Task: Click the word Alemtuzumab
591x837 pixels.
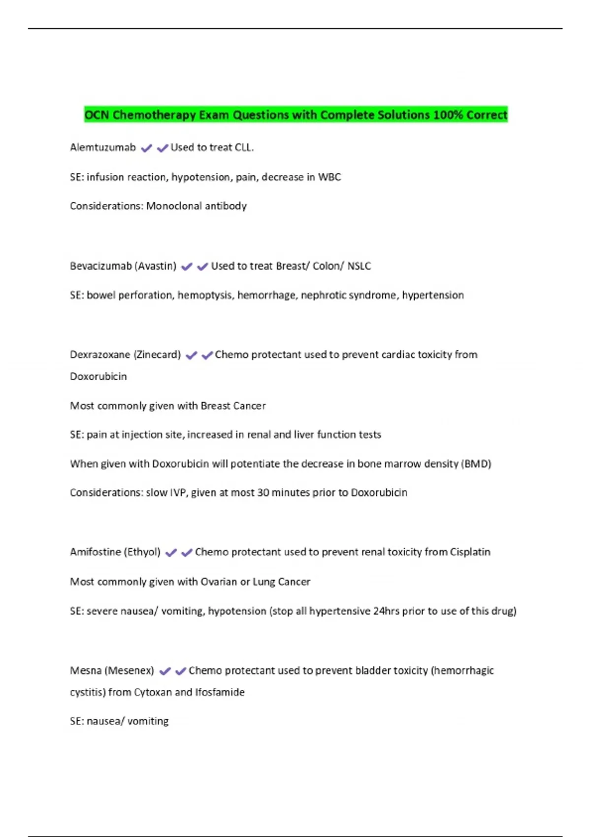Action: (102, 147)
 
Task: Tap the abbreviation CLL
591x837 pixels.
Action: (244, 147)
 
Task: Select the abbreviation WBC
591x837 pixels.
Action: (329, 177)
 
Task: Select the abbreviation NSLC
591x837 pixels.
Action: (359, 266)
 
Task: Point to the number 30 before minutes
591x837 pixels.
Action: (263, 492)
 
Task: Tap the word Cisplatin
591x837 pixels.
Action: (470, 552)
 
